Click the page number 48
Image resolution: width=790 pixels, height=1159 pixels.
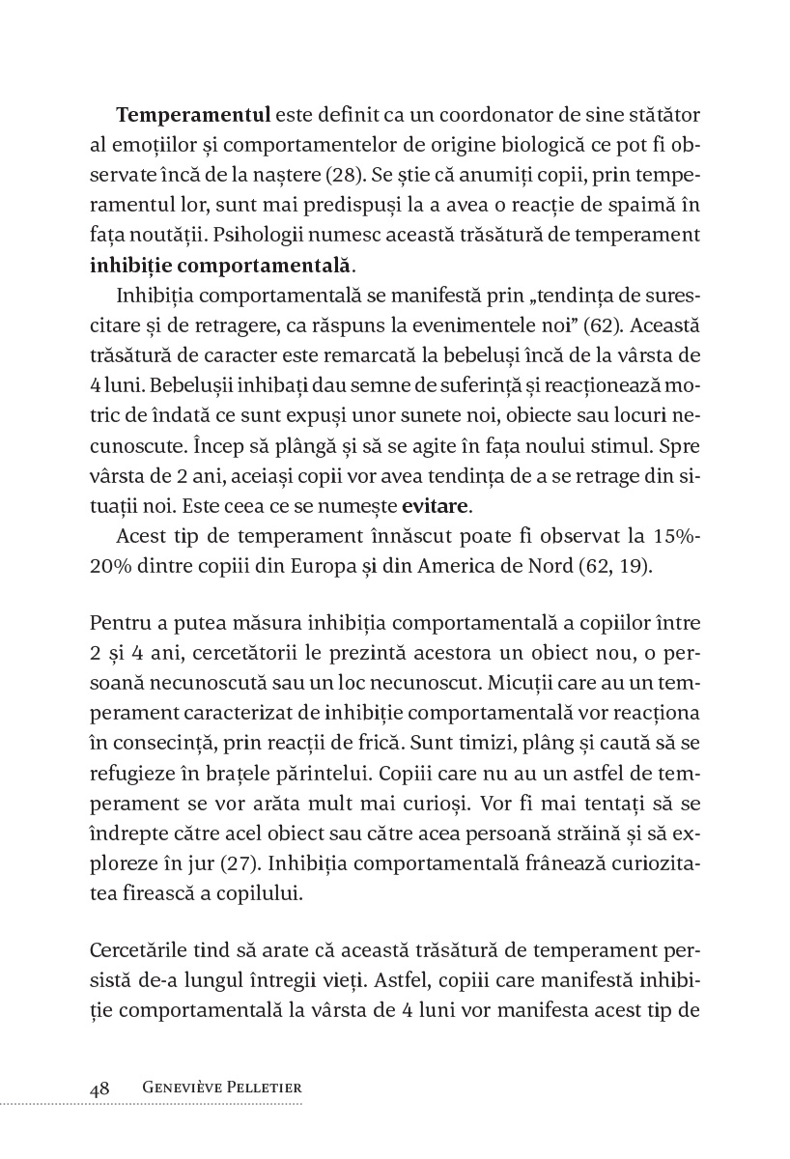click(99, 1088)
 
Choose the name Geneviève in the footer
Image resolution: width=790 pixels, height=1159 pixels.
click(182, 1088)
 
